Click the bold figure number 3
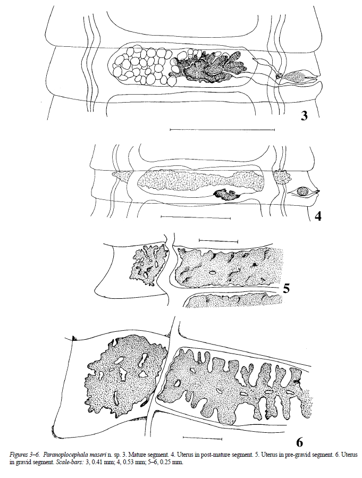pyautogui.click(x=304, y=116)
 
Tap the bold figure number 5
pyautogui.click(x=286, y=288)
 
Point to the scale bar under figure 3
pyautogui.click(x=222, y=130)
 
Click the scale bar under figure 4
pyautogui.click(x=196, y=217)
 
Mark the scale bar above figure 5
pyautogui.click(x=218, y=241)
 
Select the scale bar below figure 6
pyautogui.click(x=203, y=439)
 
